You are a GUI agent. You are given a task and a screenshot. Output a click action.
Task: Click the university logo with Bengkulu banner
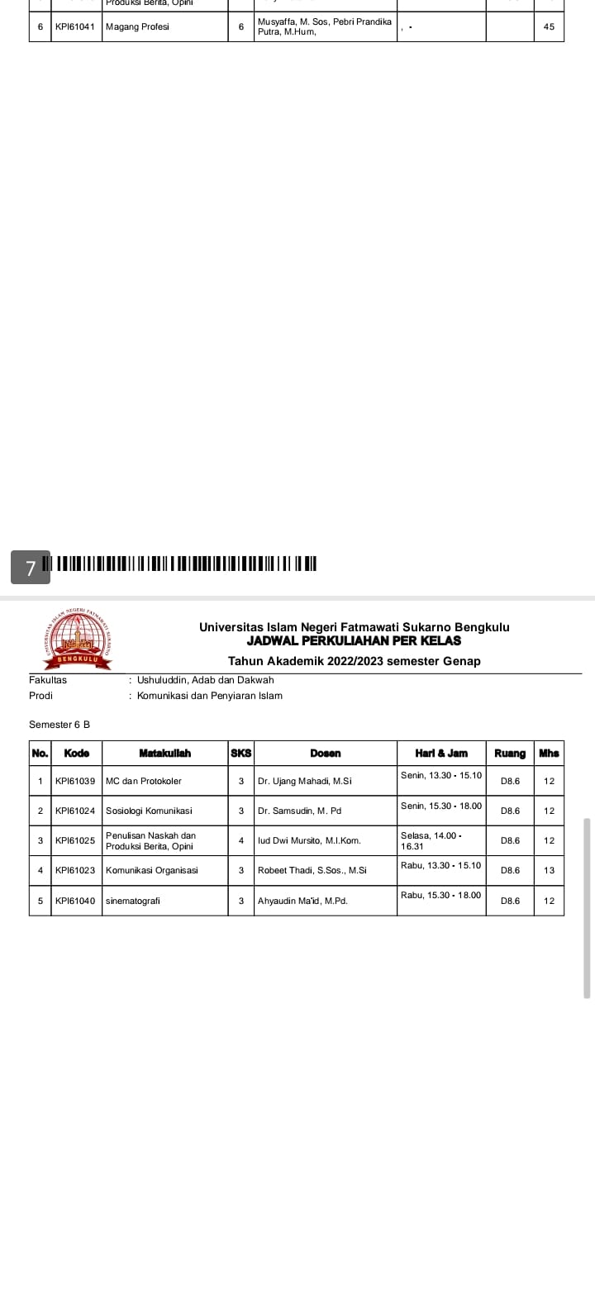[x=76, y=639]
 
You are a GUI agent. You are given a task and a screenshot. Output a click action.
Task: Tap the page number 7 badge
[x=31, y=568]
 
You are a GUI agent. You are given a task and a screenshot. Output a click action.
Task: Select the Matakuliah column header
[x=164, y=753]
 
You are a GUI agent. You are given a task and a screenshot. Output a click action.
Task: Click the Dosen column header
[x=325, y=753]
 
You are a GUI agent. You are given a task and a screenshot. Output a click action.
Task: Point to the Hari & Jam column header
[x=441, y=753]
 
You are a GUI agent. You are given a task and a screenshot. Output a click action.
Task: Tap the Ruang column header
[x=509, y=753]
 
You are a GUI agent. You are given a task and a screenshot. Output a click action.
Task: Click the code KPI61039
[x=75, y=781]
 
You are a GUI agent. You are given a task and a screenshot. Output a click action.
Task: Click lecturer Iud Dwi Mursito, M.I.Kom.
[x=309, y=840]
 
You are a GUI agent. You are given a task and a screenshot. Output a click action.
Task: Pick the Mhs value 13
[x=550, y=870]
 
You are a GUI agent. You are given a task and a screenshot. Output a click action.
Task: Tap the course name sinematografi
[x=133, y=901]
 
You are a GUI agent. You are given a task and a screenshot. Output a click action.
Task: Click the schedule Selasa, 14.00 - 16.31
[x=431, y=840]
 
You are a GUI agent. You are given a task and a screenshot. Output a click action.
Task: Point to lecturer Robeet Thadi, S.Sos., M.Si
[x=312, y=870]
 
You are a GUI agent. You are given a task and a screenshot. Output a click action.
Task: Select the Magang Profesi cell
[x=137, y=26]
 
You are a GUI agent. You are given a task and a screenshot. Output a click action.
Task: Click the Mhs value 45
[x=550, y=26]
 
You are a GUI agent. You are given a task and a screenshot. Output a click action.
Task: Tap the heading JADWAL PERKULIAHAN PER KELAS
[x=354, y=640]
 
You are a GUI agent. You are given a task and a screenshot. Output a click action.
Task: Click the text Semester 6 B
[x=59, y=725]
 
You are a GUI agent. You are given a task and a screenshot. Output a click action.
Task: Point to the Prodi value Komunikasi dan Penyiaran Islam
[x=210, y=696]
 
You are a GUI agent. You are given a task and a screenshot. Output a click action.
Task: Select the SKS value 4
[x=240, y=840]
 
